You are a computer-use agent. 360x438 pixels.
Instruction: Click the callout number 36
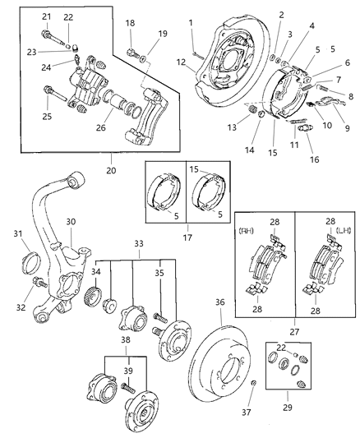click(219, 301)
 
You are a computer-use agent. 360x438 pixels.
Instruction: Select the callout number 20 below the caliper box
click(111, 170)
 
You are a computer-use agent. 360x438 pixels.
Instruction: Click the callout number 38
click(125, 338)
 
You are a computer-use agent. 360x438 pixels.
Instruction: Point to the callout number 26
click(101, 127)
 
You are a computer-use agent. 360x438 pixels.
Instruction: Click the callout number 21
click(46, 17)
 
